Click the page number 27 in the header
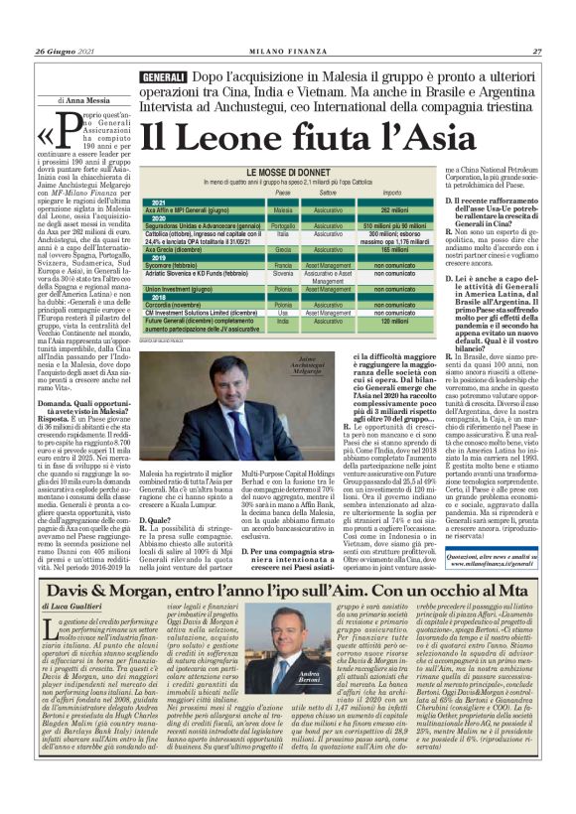(x=536, y=51)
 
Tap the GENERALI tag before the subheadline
(x=136, y=76)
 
